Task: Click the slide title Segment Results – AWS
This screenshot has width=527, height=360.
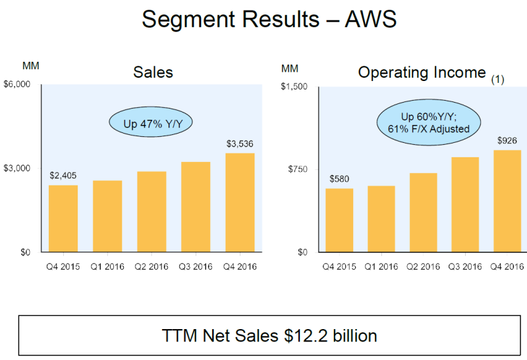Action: point(269,20)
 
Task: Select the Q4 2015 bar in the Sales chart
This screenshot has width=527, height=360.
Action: point(63,219)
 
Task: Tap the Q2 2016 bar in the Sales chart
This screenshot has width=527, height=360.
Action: point(152,212)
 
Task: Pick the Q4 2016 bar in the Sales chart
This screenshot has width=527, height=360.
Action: point(240,203)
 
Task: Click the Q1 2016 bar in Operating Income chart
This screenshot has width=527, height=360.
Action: point(381,219)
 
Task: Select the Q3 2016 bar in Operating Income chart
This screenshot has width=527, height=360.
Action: point(464,205)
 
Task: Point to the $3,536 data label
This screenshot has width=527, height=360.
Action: point(240,144)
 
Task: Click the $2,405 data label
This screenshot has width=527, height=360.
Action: point(63,176)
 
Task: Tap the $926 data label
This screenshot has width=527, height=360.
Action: point(507,140)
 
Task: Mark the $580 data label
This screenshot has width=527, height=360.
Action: point(340,178)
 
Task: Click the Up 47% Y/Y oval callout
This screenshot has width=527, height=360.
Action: point(152,122)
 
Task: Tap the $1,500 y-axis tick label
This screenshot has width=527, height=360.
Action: point(294,86)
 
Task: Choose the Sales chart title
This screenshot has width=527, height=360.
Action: point(153,72)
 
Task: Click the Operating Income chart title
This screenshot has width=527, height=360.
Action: point(422,72)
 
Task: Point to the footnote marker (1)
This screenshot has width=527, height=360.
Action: point(497,80)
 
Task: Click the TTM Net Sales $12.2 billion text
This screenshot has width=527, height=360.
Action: point(269,336)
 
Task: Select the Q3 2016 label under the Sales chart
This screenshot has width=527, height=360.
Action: point(196,267)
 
